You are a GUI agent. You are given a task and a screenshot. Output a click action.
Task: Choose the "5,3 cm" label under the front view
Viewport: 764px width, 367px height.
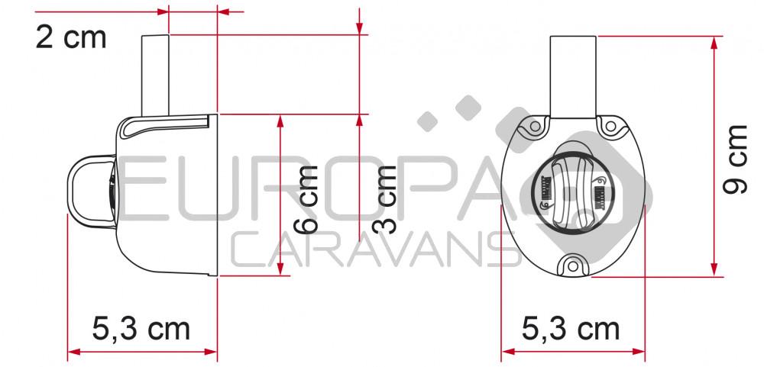click(x=571, y=330)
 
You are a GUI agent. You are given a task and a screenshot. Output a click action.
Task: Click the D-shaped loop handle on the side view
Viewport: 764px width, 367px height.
click(x=86, y=188)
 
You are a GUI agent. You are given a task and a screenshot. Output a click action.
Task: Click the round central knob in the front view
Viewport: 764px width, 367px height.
click(x=572, y=191)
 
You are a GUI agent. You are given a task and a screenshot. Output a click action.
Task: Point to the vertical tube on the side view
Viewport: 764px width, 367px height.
click(x=154, y=75)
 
